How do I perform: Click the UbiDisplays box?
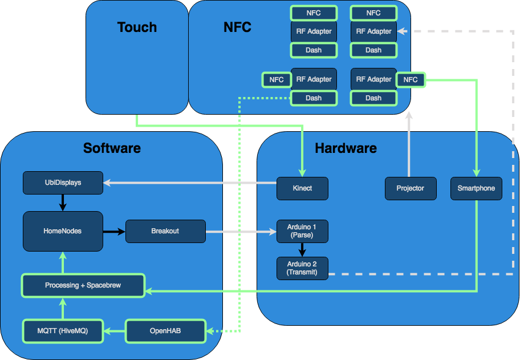pos(63,183)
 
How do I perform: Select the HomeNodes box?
pos(63,231)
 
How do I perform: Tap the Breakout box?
pos(165,231)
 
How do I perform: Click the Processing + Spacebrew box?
pos(83,285)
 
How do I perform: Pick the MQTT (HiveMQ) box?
pos(63,331)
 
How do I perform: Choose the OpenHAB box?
pos(165,331)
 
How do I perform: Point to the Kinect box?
pos(302,188)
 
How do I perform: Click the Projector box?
pos(411,188)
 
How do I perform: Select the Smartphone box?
pos(476,188)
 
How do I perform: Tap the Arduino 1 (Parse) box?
pos(302,231)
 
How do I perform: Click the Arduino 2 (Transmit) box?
pos(302,268)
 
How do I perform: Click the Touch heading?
pos(137,27)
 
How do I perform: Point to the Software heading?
pos(112,148)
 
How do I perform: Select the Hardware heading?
pos(346,148)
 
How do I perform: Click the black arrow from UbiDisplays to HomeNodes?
pos(63,203)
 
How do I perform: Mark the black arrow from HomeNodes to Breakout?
pos(114,232)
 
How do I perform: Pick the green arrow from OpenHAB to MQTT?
pos(114,331)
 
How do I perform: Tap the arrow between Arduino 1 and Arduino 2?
pos(302,249)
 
